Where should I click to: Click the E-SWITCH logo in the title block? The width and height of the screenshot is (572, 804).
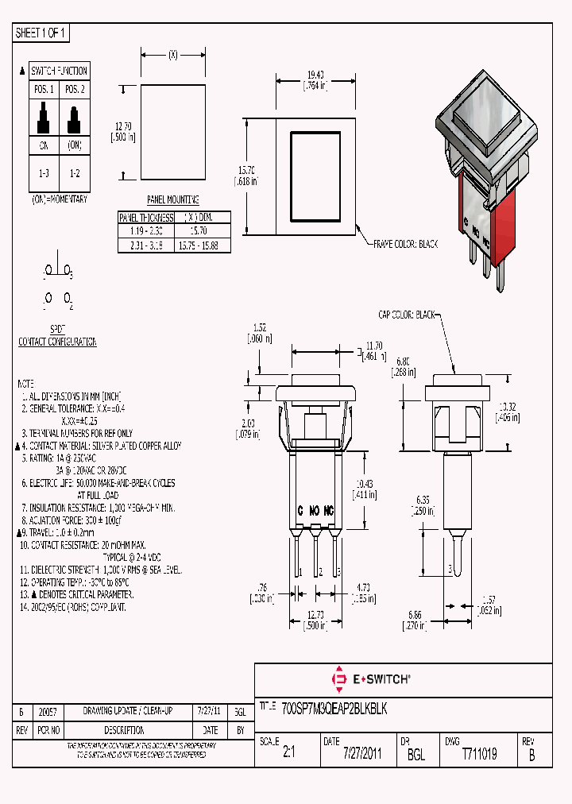click(x=371, y=679)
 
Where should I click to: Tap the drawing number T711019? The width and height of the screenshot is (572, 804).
click(x=479, y=754)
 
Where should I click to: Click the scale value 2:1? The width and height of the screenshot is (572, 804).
click(x=288, y=754)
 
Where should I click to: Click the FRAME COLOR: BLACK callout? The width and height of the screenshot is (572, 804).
click(x=405, y=245)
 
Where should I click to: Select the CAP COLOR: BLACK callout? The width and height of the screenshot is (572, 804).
click(x=407, y=315)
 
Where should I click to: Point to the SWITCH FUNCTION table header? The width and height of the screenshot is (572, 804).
click(x=59, y=71)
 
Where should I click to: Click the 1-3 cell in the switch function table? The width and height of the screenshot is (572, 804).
click(x=44, y=172)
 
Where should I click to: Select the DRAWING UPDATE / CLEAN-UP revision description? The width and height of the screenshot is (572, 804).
click(x=127, y=711)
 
